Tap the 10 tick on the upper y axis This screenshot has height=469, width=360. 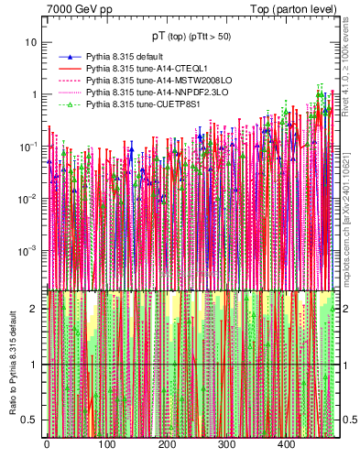pos(31,43)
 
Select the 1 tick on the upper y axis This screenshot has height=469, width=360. pos(34,94)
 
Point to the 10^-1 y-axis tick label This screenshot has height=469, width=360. pos(28,146)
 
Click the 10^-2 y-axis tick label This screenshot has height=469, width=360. pos(28,198)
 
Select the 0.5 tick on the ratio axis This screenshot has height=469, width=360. pos(30,420)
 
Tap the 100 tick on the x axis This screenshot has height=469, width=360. pos(106,445)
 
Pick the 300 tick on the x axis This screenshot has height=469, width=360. pos(226,445)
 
